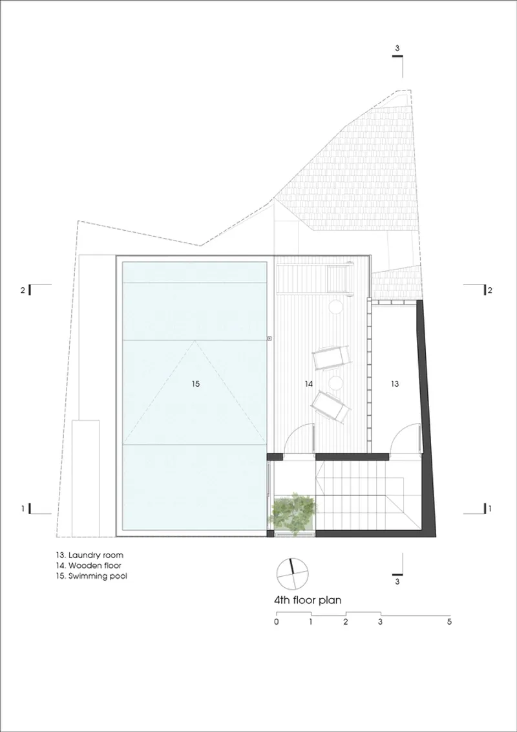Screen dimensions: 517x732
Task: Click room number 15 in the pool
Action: click(x=195, y=383)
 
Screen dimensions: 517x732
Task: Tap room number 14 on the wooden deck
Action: click(x=308, y=383)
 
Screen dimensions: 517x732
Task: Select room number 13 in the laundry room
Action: click(x=395, y=383)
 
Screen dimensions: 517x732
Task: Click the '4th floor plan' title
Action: click(x=308, y=600)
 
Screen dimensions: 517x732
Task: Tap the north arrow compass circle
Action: click(x=292, y=574)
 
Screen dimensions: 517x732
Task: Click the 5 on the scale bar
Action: click(x=449, y=622)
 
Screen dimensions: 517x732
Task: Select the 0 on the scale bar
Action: click(x=277, y=622)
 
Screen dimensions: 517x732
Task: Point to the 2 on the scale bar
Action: click(x=345, y=622)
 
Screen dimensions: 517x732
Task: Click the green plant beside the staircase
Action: click(x=293, y=512)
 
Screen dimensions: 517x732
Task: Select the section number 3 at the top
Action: click(x=397, y=48)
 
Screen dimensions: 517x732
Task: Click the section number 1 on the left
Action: click(x=22, y=508)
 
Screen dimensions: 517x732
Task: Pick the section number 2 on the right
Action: click(x=490, y=290)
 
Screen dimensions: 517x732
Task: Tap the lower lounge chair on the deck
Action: click(x=331, y=407)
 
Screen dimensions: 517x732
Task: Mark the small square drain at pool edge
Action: click(x=269, y=338)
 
